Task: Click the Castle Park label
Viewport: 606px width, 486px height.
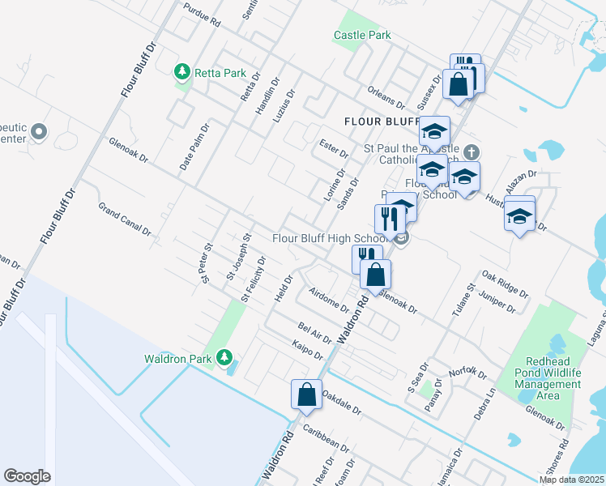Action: tap(362, 35)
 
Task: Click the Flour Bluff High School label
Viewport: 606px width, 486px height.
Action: tap(329, 238)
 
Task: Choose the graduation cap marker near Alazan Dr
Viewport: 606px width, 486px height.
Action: tap(519, 215)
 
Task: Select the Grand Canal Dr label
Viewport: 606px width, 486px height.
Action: tap(125, 218)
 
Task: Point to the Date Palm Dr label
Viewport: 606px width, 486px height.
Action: tap(195, 146)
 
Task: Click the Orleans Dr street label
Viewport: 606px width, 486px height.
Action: tap(385, 97)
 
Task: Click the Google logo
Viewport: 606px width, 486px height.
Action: tap(28, 475)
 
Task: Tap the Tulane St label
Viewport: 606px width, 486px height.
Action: tap(468, 301)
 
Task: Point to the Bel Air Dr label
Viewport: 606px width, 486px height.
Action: tap(314, 331)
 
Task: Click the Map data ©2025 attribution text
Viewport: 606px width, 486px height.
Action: tap(571, 480)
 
